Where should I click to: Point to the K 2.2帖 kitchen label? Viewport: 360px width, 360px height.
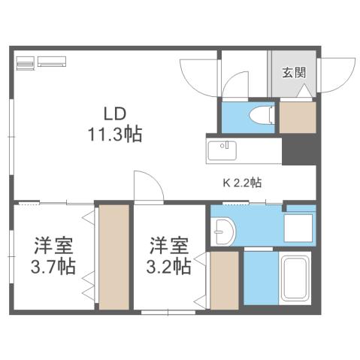click(241, 182)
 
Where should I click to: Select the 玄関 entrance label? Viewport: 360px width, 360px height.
click(294, 73)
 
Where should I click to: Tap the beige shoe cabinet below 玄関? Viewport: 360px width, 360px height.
click(297, 116)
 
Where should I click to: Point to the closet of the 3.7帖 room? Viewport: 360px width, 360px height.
click(114, 256)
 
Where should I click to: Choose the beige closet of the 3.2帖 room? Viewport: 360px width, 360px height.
click(224, 280)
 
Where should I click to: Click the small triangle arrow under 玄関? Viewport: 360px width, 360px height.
click(305, 92)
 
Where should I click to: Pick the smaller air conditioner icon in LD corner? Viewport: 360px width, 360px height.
click(24, 63)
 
